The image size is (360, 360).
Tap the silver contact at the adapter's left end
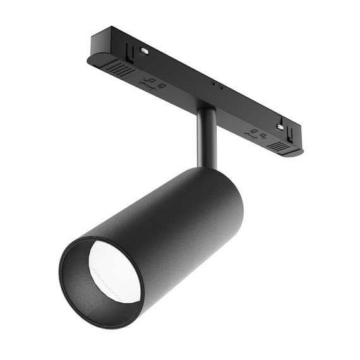click(145, 49)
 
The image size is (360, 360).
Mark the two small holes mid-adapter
click(216, 83)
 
